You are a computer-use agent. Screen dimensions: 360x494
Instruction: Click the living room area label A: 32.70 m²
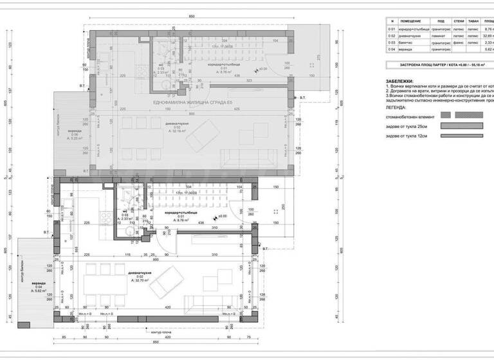140,281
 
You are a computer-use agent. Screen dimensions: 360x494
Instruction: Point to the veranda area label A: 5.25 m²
77,138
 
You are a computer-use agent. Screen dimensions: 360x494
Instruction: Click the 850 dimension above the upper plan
192,16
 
